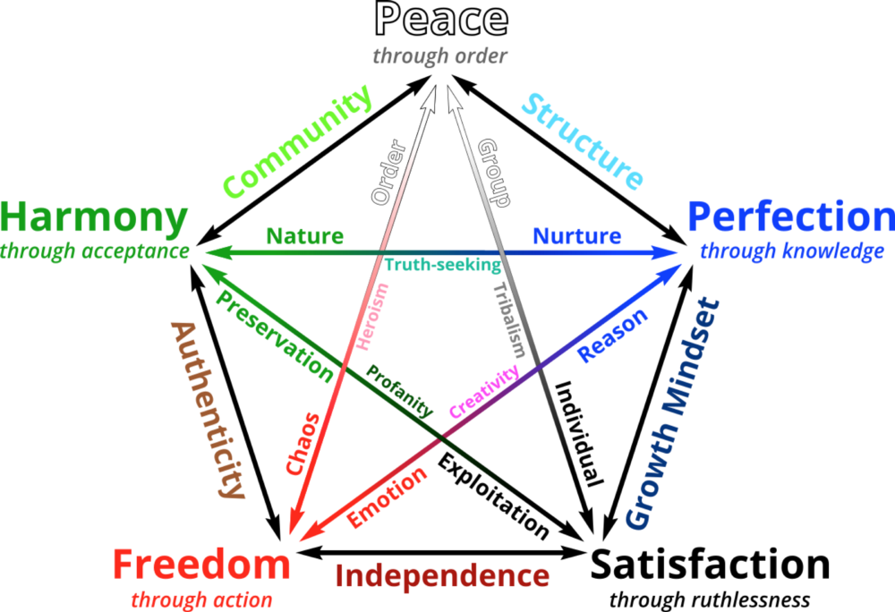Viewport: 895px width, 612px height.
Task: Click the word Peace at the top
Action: [x=440, y=20]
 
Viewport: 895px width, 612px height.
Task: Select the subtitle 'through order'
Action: [x=440, y=56]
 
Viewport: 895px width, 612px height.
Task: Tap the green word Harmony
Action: [x=94, y=217]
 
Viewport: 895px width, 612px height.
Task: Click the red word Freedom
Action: [x=201, y=565]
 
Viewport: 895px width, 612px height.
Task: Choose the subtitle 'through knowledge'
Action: [x=791, y=251]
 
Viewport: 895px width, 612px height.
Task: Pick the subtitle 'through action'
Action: [x=201, y=599]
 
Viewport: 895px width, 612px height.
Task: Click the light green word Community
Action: [x=297, y=142]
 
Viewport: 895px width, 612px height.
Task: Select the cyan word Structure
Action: [x=583, y=141]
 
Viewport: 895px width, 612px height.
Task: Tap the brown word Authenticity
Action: [x=207, y=409]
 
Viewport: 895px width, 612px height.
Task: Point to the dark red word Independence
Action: [x=441, y=576]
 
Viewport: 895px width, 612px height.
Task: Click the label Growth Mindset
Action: [x=672, y=413]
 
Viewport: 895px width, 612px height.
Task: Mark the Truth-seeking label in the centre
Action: [x=442, y=265]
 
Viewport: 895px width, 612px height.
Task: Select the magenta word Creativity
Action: [x=484, y=391]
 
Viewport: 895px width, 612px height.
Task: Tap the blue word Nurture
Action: [x=576, y=236]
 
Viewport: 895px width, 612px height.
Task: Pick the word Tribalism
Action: [x=508, y=319]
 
